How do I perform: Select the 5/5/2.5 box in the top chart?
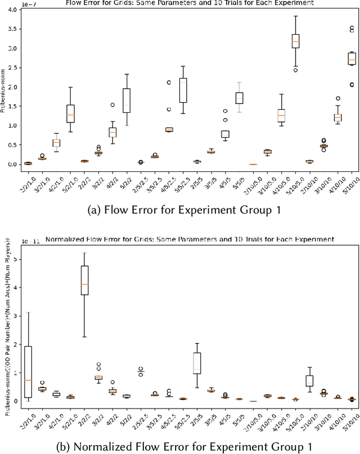[x=183, y=90]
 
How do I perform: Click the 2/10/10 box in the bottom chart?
[x=309, y=381]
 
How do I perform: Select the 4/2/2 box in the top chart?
[x=112, y=132]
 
